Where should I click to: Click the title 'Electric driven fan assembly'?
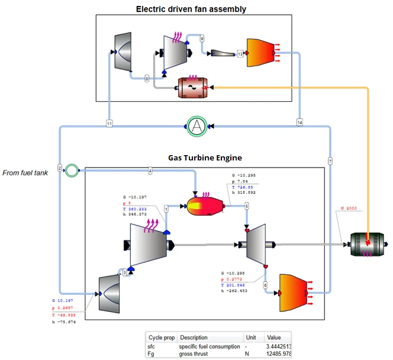coord(191,9)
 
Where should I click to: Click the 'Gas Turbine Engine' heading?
coord(204,158)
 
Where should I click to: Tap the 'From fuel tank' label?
coord(28,172)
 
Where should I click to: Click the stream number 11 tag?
coord(109,123)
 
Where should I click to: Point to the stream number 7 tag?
coord(330,160)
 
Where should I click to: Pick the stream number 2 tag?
coord(60,168)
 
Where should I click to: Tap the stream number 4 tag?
coord(150,171)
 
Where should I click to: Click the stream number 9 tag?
coord(202,38)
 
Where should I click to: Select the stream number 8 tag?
coord(147,78)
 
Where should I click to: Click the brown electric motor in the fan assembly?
coord(192,87)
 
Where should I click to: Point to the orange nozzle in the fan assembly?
coord(262,53)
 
